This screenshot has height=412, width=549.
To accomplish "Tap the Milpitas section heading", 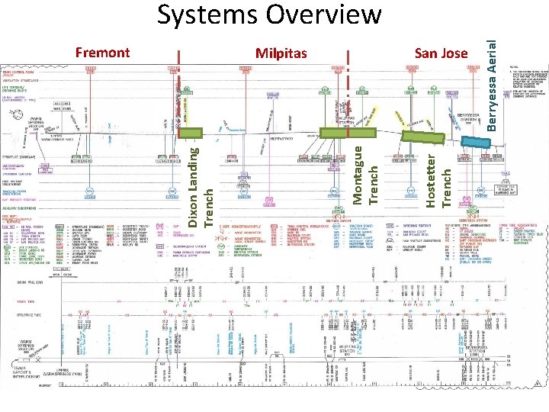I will point(281,53).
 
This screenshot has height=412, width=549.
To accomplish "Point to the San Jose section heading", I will point(441,53).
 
